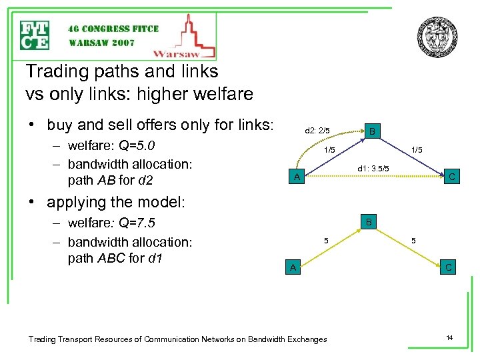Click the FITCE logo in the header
pos(35,35)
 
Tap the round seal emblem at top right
pos(437,37)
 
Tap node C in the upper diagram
pos(451,177)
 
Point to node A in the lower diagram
pos(291,267)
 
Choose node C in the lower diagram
pos(449,267)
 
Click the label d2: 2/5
pos(317,131)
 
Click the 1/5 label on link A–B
pos(329,150)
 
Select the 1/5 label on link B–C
pos(417,150)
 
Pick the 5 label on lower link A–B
pos(326,240)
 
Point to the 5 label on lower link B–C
pos(414,240)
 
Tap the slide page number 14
pos(450,339)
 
